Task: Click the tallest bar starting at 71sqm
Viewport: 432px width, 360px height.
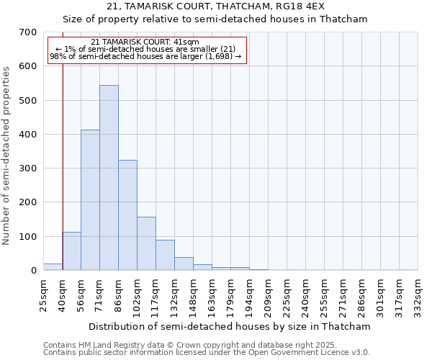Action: (109, 178)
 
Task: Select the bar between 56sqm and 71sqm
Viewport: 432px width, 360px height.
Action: (90, 200)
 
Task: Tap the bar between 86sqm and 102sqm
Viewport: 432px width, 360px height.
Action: (127, 215)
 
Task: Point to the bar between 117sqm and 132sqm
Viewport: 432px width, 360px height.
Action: (165, 255)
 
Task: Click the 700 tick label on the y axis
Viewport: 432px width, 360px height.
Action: (28, 32)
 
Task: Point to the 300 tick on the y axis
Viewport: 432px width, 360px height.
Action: (28, 168)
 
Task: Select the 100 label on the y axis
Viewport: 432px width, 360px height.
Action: (28, 236)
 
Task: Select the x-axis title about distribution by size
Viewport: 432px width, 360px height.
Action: (230, 326)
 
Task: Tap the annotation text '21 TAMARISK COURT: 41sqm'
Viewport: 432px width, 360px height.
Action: (145, 42)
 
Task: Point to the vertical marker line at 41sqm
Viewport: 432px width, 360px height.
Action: (63, 158)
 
